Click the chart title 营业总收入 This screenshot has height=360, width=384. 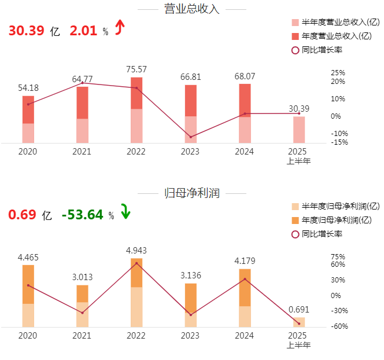click(192, 9)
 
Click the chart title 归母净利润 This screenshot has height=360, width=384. click(192, 193)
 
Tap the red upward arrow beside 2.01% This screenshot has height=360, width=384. click(120, 27)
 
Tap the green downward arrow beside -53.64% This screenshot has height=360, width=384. click(125, 212)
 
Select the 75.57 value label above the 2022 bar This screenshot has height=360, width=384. click(136, 69)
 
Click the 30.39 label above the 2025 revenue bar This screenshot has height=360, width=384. click(298, 108)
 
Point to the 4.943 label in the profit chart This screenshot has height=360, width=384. click(136, 251)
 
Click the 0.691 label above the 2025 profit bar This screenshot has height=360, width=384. click(298, 309)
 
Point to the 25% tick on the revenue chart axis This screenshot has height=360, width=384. click(338, 73)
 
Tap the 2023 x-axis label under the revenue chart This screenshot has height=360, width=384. click(190, 152)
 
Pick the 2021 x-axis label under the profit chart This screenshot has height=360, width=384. click(82, 336)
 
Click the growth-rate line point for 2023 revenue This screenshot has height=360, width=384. click(191, 137)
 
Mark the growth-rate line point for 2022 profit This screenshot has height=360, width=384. click(136, 263)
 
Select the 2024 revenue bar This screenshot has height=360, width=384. click(245, 113)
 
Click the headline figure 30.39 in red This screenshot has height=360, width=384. click(26, 31)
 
